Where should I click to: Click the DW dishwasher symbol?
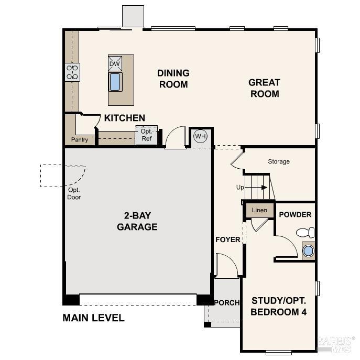click(115, 64)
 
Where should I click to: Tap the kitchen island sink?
click(115, 82)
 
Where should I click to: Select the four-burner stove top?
click(72, 72)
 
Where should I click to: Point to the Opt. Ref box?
click(146, 135)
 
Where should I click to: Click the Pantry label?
click(80, 140)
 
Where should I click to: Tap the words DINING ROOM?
click(173, 79)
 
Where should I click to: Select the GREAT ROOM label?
click(264, 88)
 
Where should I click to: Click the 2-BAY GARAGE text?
click(137, 221)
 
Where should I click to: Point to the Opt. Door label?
click(74, 193)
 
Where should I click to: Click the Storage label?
click(279, 161)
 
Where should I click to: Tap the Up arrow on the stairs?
click(257, 187)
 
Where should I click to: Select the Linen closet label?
click(259, 210)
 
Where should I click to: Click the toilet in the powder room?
click(305, 232)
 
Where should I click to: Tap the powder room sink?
click(308, 251)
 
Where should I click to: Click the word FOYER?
click(228, 239)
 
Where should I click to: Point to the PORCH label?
click(227, 302)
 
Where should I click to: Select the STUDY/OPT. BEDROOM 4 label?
click(278, 307)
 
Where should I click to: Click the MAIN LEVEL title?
click(93, 318)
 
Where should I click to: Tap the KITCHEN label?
click(124, 118)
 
